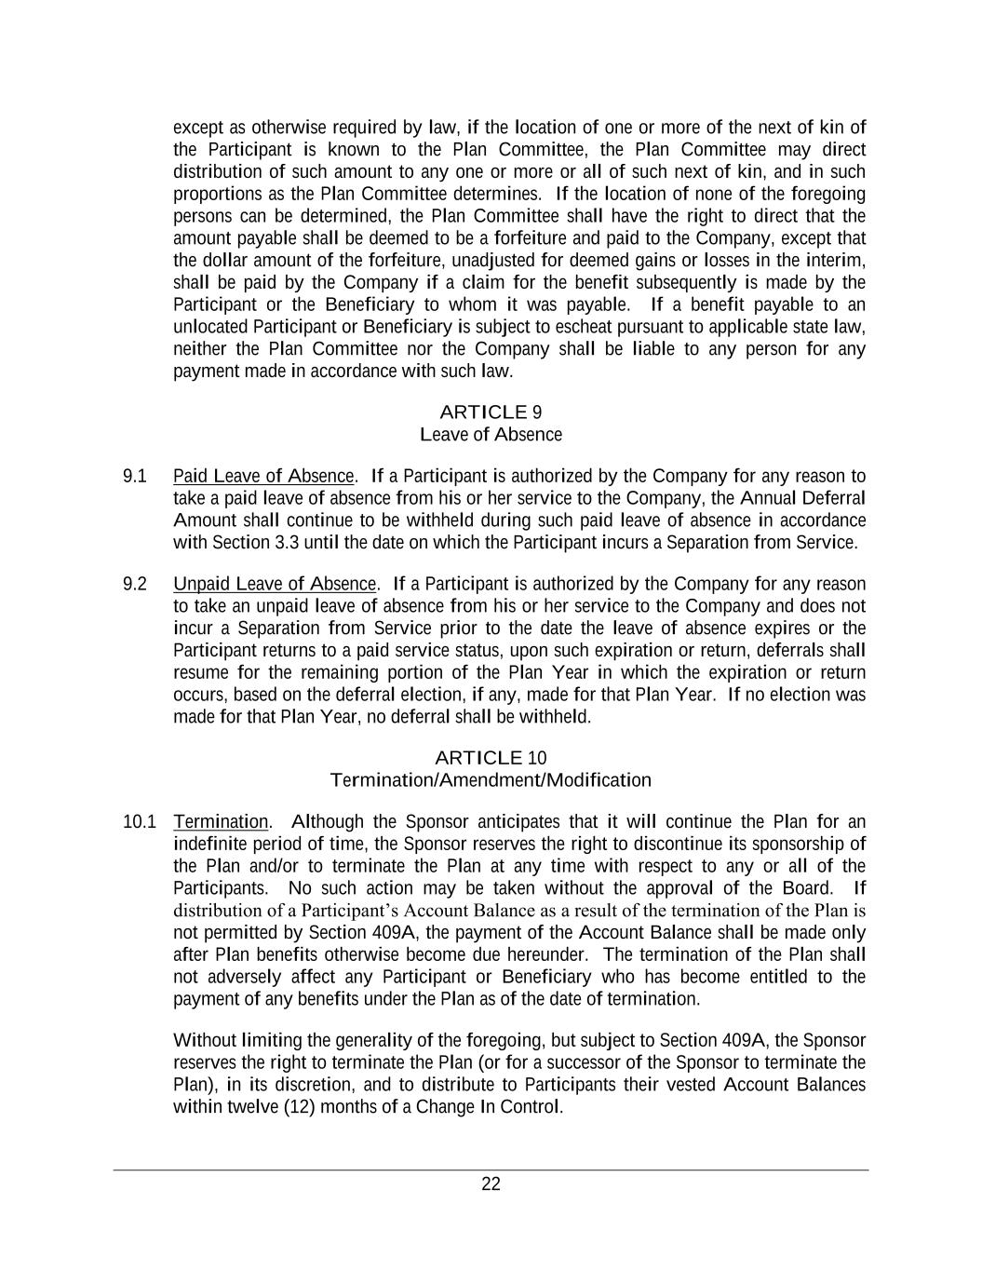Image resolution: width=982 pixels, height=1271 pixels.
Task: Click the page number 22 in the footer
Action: click(x=491, y=1184)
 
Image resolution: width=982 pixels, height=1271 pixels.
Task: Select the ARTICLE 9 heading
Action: click(x=491, y=412)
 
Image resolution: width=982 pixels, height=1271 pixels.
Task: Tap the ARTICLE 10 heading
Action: click(x=491, y=757)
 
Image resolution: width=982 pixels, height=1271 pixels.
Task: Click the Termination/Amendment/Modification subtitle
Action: click(x=491, y=779)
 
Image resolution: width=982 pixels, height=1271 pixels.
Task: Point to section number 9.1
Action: click(x=135, y=476)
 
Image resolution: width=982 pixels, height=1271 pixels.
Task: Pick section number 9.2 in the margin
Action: click(x=135, y=584)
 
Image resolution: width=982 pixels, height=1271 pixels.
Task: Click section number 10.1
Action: click(x=139, y=822)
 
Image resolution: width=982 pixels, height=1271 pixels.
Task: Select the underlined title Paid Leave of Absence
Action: click(x=263, y=476)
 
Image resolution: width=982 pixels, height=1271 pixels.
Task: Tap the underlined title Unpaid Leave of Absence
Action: click(x=275, y=584)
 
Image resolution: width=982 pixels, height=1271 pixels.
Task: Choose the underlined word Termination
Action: click(x=221, y=822)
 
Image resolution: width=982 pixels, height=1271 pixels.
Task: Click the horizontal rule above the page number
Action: click(x=491, y=1170)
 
